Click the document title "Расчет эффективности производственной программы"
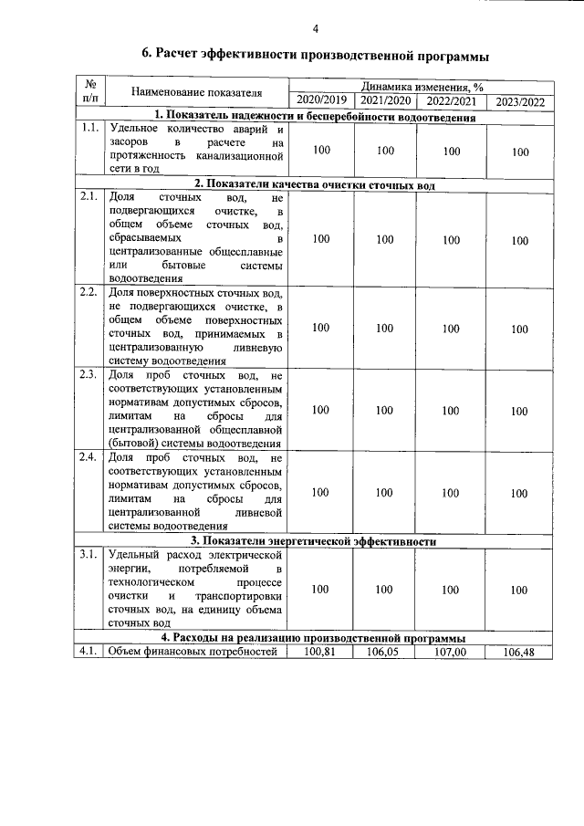pos(315,56)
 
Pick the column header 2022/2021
pos(451,100)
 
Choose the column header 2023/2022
pos(519,101)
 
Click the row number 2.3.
pos(89,375)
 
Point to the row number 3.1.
pos(89,554)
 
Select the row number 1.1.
pos(89,128)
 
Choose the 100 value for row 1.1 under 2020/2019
pos(320,151)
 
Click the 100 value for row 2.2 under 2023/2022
pos(519,329)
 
